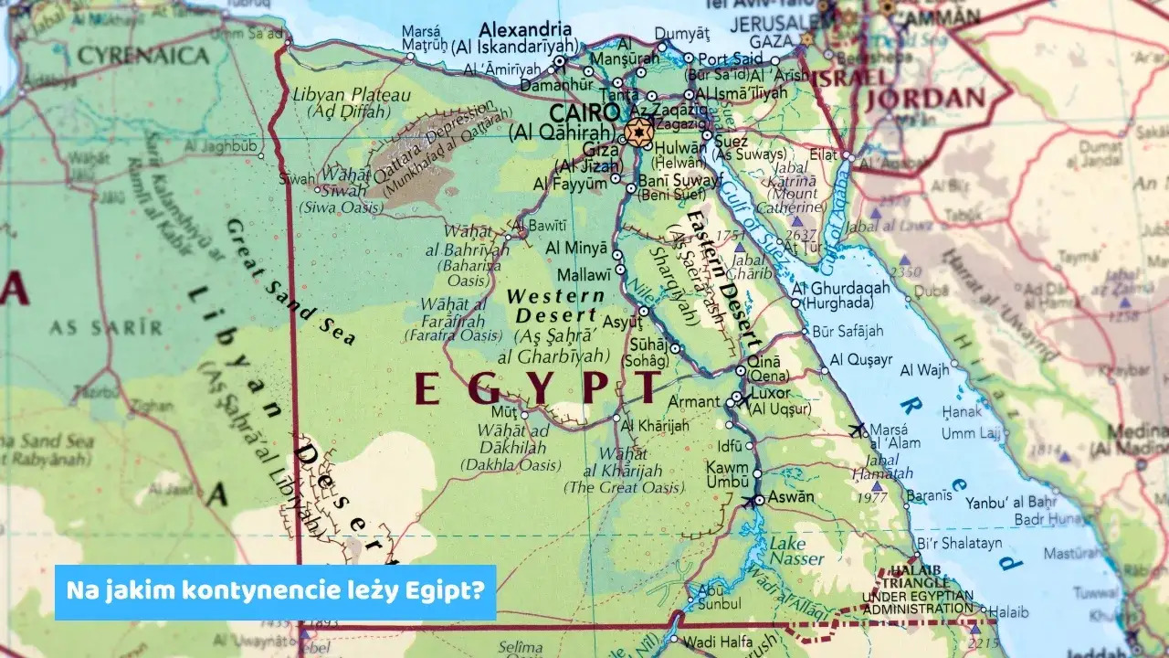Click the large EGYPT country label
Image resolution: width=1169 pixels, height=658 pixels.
(536, 388)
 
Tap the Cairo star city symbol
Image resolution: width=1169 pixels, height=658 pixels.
(638, 131)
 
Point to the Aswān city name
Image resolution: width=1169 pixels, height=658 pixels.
(793, 498)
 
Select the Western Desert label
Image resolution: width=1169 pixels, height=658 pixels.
(555, 305)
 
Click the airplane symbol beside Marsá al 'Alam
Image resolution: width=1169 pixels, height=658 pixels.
(856, 429)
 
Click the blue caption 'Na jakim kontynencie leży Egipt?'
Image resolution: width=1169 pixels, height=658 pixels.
(275, 591)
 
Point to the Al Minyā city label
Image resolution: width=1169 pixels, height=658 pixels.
(576, 248)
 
